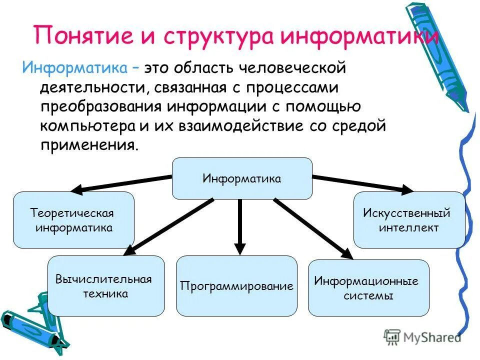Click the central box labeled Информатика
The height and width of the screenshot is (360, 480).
pos(242,178)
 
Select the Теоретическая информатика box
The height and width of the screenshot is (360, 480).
pos(73,220)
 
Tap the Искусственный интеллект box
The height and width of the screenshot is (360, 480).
pos(409,220)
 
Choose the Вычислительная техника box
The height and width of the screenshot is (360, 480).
pos(106,285)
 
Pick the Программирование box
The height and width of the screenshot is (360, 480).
pos(236,286)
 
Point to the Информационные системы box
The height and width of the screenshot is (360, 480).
pos(368,288)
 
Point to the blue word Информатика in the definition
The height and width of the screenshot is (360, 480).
pos(77,67)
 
